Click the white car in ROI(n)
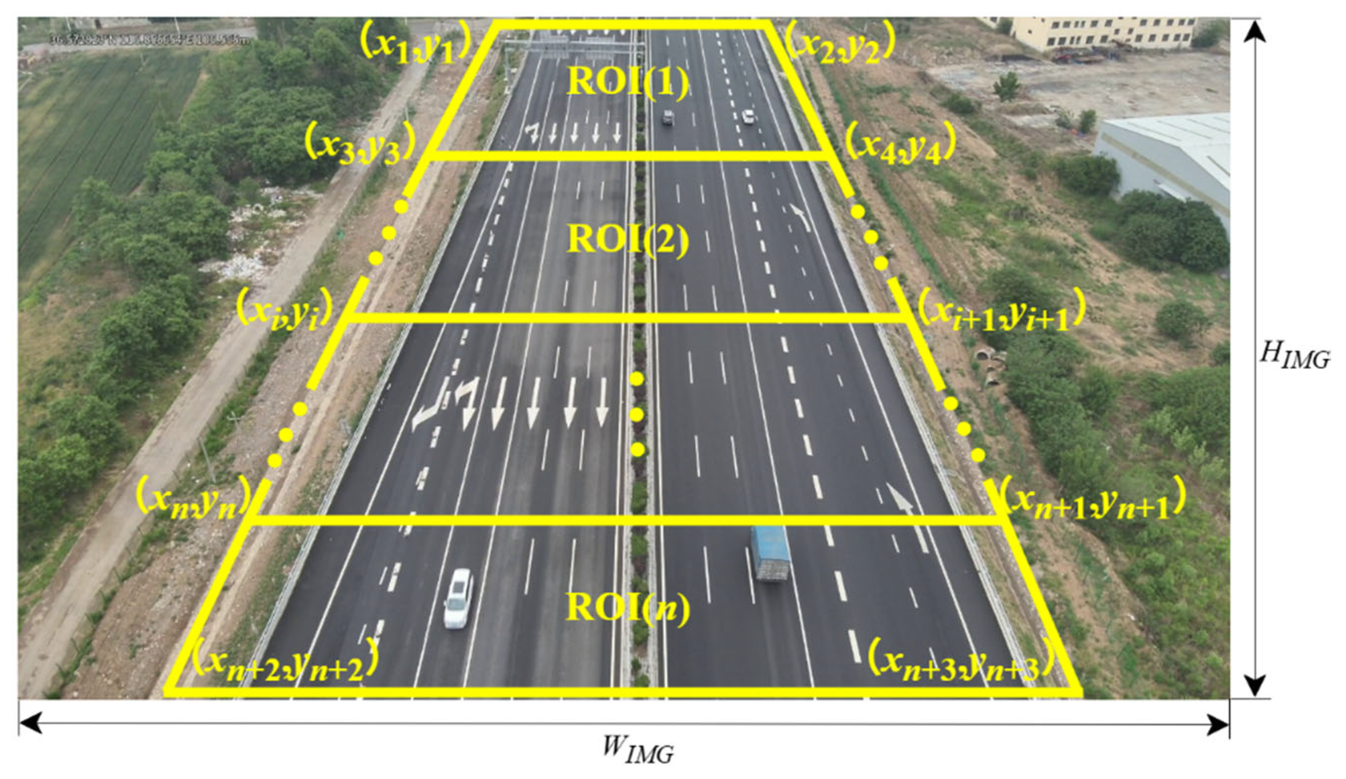458,598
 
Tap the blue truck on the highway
770,553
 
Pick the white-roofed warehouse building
1170,155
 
